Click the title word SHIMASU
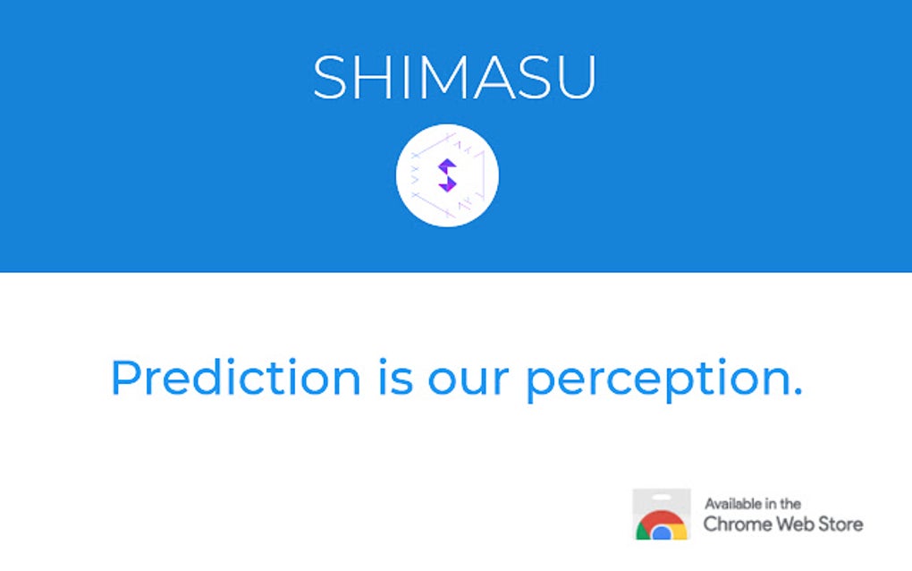click(x=454, y=77)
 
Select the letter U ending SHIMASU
click(x=577, y=77)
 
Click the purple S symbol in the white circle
click(x=447, y=175)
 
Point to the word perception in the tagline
click(x=651, y=379)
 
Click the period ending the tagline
click(x=797, y=392)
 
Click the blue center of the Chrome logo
click(x=662, y=533)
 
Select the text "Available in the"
click(x=752, y=504)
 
